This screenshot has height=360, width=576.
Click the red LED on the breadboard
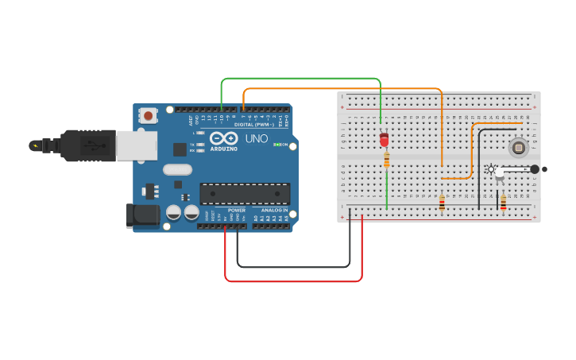(385, 140)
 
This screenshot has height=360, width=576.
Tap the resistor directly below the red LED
(386, 161)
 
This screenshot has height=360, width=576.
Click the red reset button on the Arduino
(149, 115)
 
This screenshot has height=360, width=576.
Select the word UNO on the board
(256, 138)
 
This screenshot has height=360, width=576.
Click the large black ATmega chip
(244, 193)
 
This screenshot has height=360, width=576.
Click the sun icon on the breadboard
(490, 168)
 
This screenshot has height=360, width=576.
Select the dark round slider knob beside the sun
(535, 168)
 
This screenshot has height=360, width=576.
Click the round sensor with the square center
(518, 146)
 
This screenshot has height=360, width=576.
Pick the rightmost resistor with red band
(503, 203)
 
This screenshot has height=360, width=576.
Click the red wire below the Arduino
(294, 281)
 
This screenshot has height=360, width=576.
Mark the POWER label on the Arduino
(237, 211)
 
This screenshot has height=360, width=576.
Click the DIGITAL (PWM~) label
(253, 125)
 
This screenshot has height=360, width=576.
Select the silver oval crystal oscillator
(178, 169)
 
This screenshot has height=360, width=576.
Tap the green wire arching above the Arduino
(302, 79)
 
